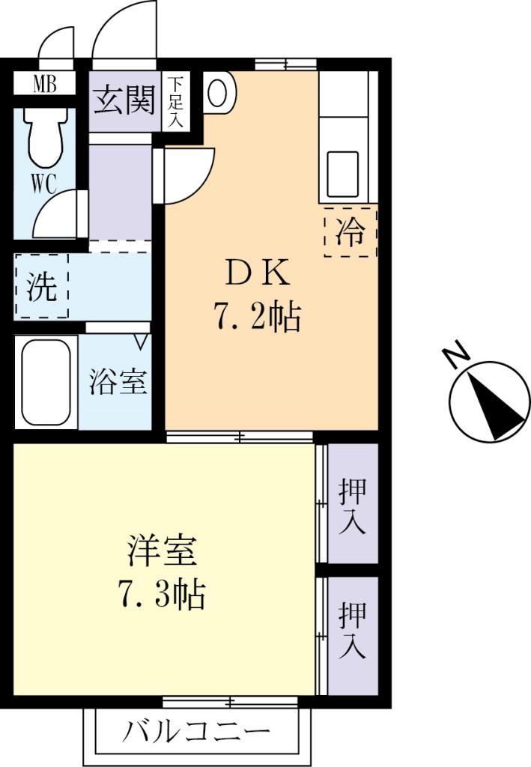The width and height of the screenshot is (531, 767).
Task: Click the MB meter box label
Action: pos(44,83)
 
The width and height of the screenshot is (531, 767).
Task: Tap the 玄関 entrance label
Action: pos(124,100)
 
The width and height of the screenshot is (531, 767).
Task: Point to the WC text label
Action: pos(43,184)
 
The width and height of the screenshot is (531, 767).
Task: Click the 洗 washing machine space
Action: pos(41,287)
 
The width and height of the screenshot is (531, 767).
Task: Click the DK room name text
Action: pos(258,275)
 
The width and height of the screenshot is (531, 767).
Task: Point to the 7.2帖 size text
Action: pos(258,318)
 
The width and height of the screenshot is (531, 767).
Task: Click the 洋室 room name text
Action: pos(162,552)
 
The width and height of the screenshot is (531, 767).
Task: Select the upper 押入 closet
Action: pos(352,506)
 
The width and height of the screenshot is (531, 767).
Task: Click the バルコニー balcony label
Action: pos(196,730)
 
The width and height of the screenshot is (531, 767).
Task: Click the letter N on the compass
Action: pos(455,357)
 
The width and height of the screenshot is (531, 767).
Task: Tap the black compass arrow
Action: pos(494,404)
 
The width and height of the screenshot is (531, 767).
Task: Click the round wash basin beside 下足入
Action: pos(218,94)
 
